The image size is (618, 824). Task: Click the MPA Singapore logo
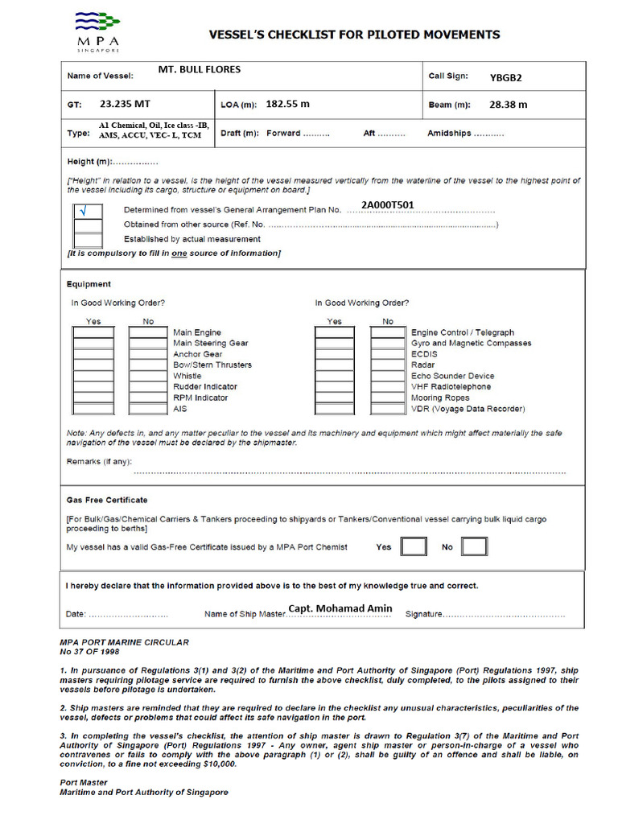[98, 32]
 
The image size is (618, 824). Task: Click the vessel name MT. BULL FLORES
[199, 70]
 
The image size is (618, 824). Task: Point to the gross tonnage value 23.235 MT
[125, 105]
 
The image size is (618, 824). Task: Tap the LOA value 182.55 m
[287, 105]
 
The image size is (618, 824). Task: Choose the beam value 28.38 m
[509, 105]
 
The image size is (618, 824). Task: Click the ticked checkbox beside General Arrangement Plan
[88, 212]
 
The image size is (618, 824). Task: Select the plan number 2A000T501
[388, 205]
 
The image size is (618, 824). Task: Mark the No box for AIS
[147, 409]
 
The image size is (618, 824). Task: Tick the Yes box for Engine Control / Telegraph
[334, 332]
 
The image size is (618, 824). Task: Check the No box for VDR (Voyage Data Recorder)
[388, 409]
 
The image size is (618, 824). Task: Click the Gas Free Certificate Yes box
[414, 547]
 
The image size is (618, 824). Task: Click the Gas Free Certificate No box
[474, 547]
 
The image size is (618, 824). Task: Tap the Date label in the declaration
[76, 615]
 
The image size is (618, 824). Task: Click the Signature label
[423, 615]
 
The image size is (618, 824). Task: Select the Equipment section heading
[89, 284]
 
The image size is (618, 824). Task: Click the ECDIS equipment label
[424, 354]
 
